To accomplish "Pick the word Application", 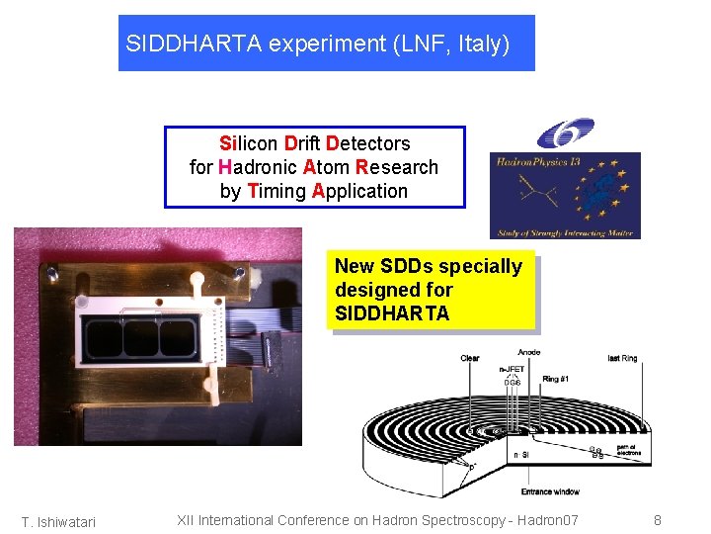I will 359,191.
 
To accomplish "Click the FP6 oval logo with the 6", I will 565,133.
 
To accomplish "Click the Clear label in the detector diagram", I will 470,358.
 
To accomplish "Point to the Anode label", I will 528,352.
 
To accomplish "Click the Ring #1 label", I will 556,378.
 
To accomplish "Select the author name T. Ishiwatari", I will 59,522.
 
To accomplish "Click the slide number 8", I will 658,520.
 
